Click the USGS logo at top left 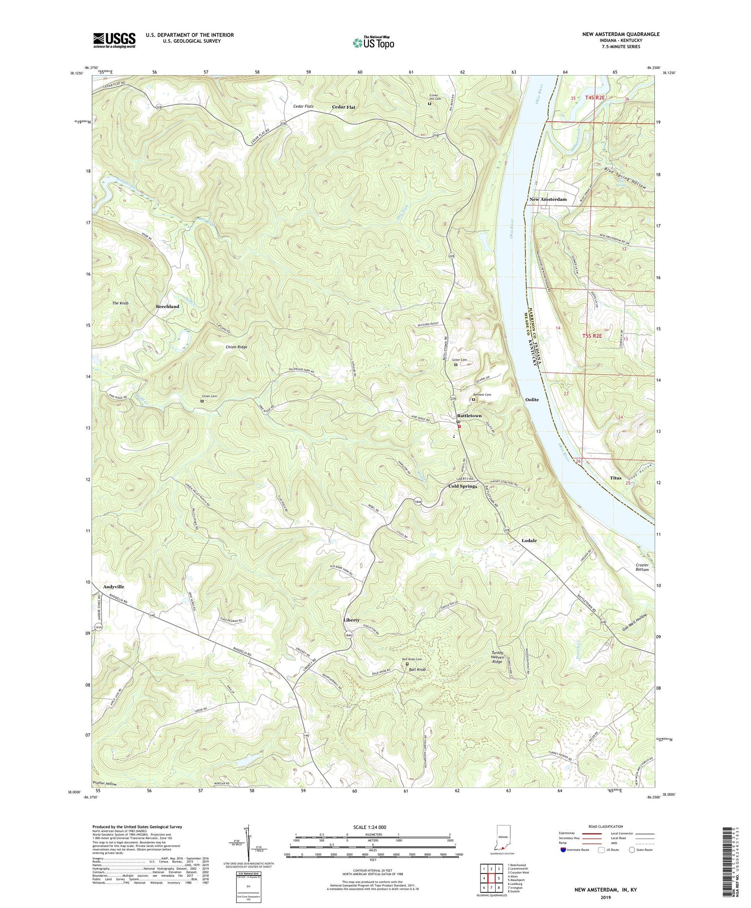114,40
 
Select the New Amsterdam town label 548,199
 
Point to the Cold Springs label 462,486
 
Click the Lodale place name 529,540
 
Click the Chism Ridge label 236,347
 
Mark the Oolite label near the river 532,400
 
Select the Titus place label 615,478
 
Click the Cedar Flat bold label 343,107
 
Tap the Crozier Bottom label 642,566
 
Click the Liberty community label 351,620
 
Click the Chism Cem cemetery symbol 202,401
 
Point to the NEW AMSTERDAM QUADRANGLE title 620,34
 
